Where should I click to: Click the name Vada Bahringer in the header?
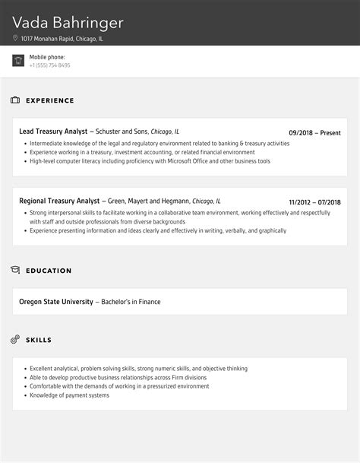pos(68,19)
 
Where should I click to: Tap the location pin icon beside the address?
pos(15,37)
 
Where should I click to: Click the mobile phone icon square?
pos(18,61)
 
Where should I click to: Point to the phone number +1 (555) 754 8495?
pos(50,65)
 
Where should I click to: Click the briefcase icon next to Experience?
pos(15,100)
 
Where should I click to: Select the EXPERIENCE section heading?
pos(50,100)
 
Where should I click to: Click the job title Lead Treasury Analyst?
pos(53,132)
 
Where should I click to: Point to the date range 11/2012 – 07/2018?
pos(314,202)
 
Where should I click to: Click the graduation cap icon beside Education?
pos(15,270)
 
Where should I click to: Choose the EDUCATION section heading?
pos(49,271)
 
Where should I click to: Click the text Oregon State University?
pos(56,302)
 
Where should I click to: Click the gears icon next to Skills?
pos(15,340)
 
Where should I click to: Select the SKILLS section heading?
pos(39,340)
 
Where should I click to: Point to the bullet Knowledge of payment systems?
pos(70,395)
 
